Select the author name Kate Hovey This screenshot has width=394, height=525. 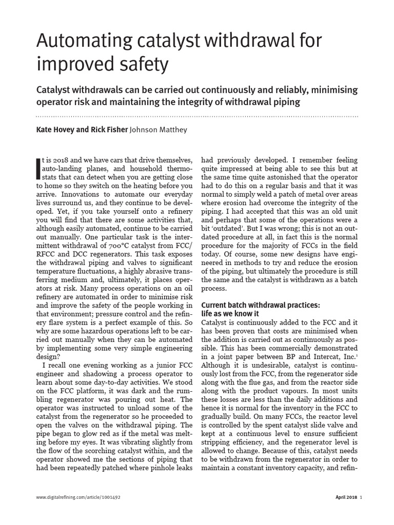coord(56,130)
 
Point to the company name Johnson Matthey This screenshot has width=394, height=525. coord(159,130)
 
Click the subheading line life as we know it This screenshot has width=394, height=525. coord(230,313)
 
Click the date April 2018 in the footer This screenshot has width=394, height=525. coord(346,497)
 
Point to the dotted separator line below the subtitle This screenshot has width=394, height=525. coord(197,116)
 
